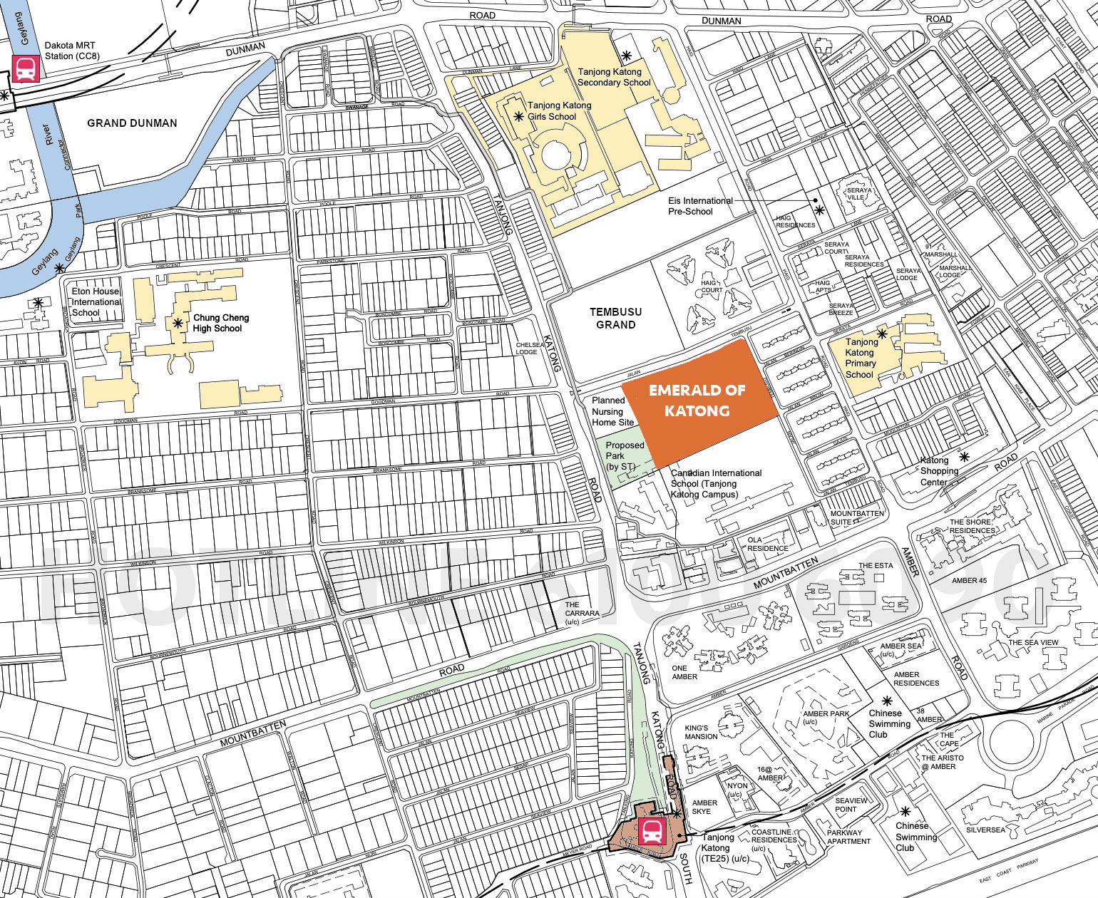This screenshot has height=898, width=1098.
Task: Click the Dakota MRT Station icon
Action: click(26, 70)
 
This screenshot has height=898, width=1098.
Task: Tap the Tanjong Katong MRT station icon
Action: click(652, 830)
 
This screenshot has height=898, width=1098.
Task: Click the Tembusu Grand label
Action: click(616, 318)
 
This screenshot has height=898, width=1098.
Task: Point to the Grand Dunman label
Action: click(132, 123)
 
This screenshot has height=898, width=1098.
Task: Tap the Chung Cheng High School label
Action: click(220, 323)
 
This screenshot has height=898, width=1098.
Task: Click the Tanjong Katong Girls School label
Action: click(559, 110)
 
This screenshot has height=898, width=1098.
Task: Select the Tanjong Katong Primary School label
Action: click(861, 358)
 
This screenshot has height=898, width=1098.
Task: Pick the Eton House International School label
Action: click(96, 301)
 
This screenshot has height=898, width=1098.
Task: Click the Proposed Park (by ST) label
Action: click(625, 455)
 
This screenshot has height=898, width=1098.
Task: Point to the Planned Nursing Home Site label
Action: click(612, 411)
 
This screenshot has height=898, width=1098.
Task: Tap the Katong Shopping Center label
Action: click(939, 471)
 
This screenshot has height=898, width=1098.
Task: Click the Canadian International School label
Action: click(716, 483)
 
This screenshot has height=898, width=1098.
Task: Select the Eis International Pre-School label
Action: click(700, 206)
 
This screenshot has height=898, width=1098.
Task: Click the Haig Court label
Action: click(712, 287)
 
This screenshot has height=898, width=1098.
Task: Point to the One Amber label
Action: click(684, 672)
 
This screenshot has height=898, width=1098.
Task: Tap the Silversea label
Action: click(985, 830)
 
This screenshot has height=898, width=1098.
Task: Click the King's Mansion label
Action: click(701, 732)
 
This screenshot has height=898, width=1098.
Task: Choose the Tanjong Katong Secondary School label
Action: click(613, 77)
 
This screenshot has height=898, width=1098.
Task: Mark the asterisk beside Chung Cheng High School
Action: click(178, 323)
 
